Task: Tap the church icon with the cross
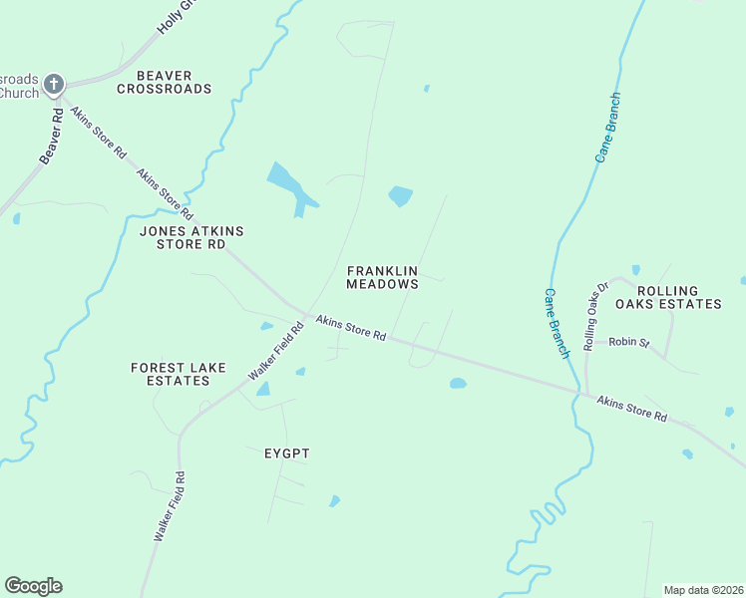point(54,85)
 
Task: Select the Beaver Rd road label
point(52,136)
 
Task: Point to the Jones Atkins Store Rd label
point(191,237)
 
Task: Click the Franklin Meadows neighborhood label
point(382,277)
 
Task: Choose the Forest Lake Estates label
point(172,374)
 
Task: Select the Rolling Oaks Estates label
point(667,297)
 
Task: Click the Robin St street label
point(629,342)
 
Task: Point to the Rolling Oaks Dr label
point(595,316)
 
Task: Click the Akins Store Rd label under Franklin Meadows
point(351,328)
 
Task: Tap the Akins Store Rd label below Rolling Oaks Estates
point(631,409)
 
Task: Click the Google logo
point(33,586)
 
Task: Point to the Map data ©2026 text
point(704,590)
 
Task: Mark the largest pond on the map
point(289,184)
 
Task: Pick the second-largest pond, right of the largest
point(400,195)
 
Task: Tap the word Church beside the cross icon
point(18,93)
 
